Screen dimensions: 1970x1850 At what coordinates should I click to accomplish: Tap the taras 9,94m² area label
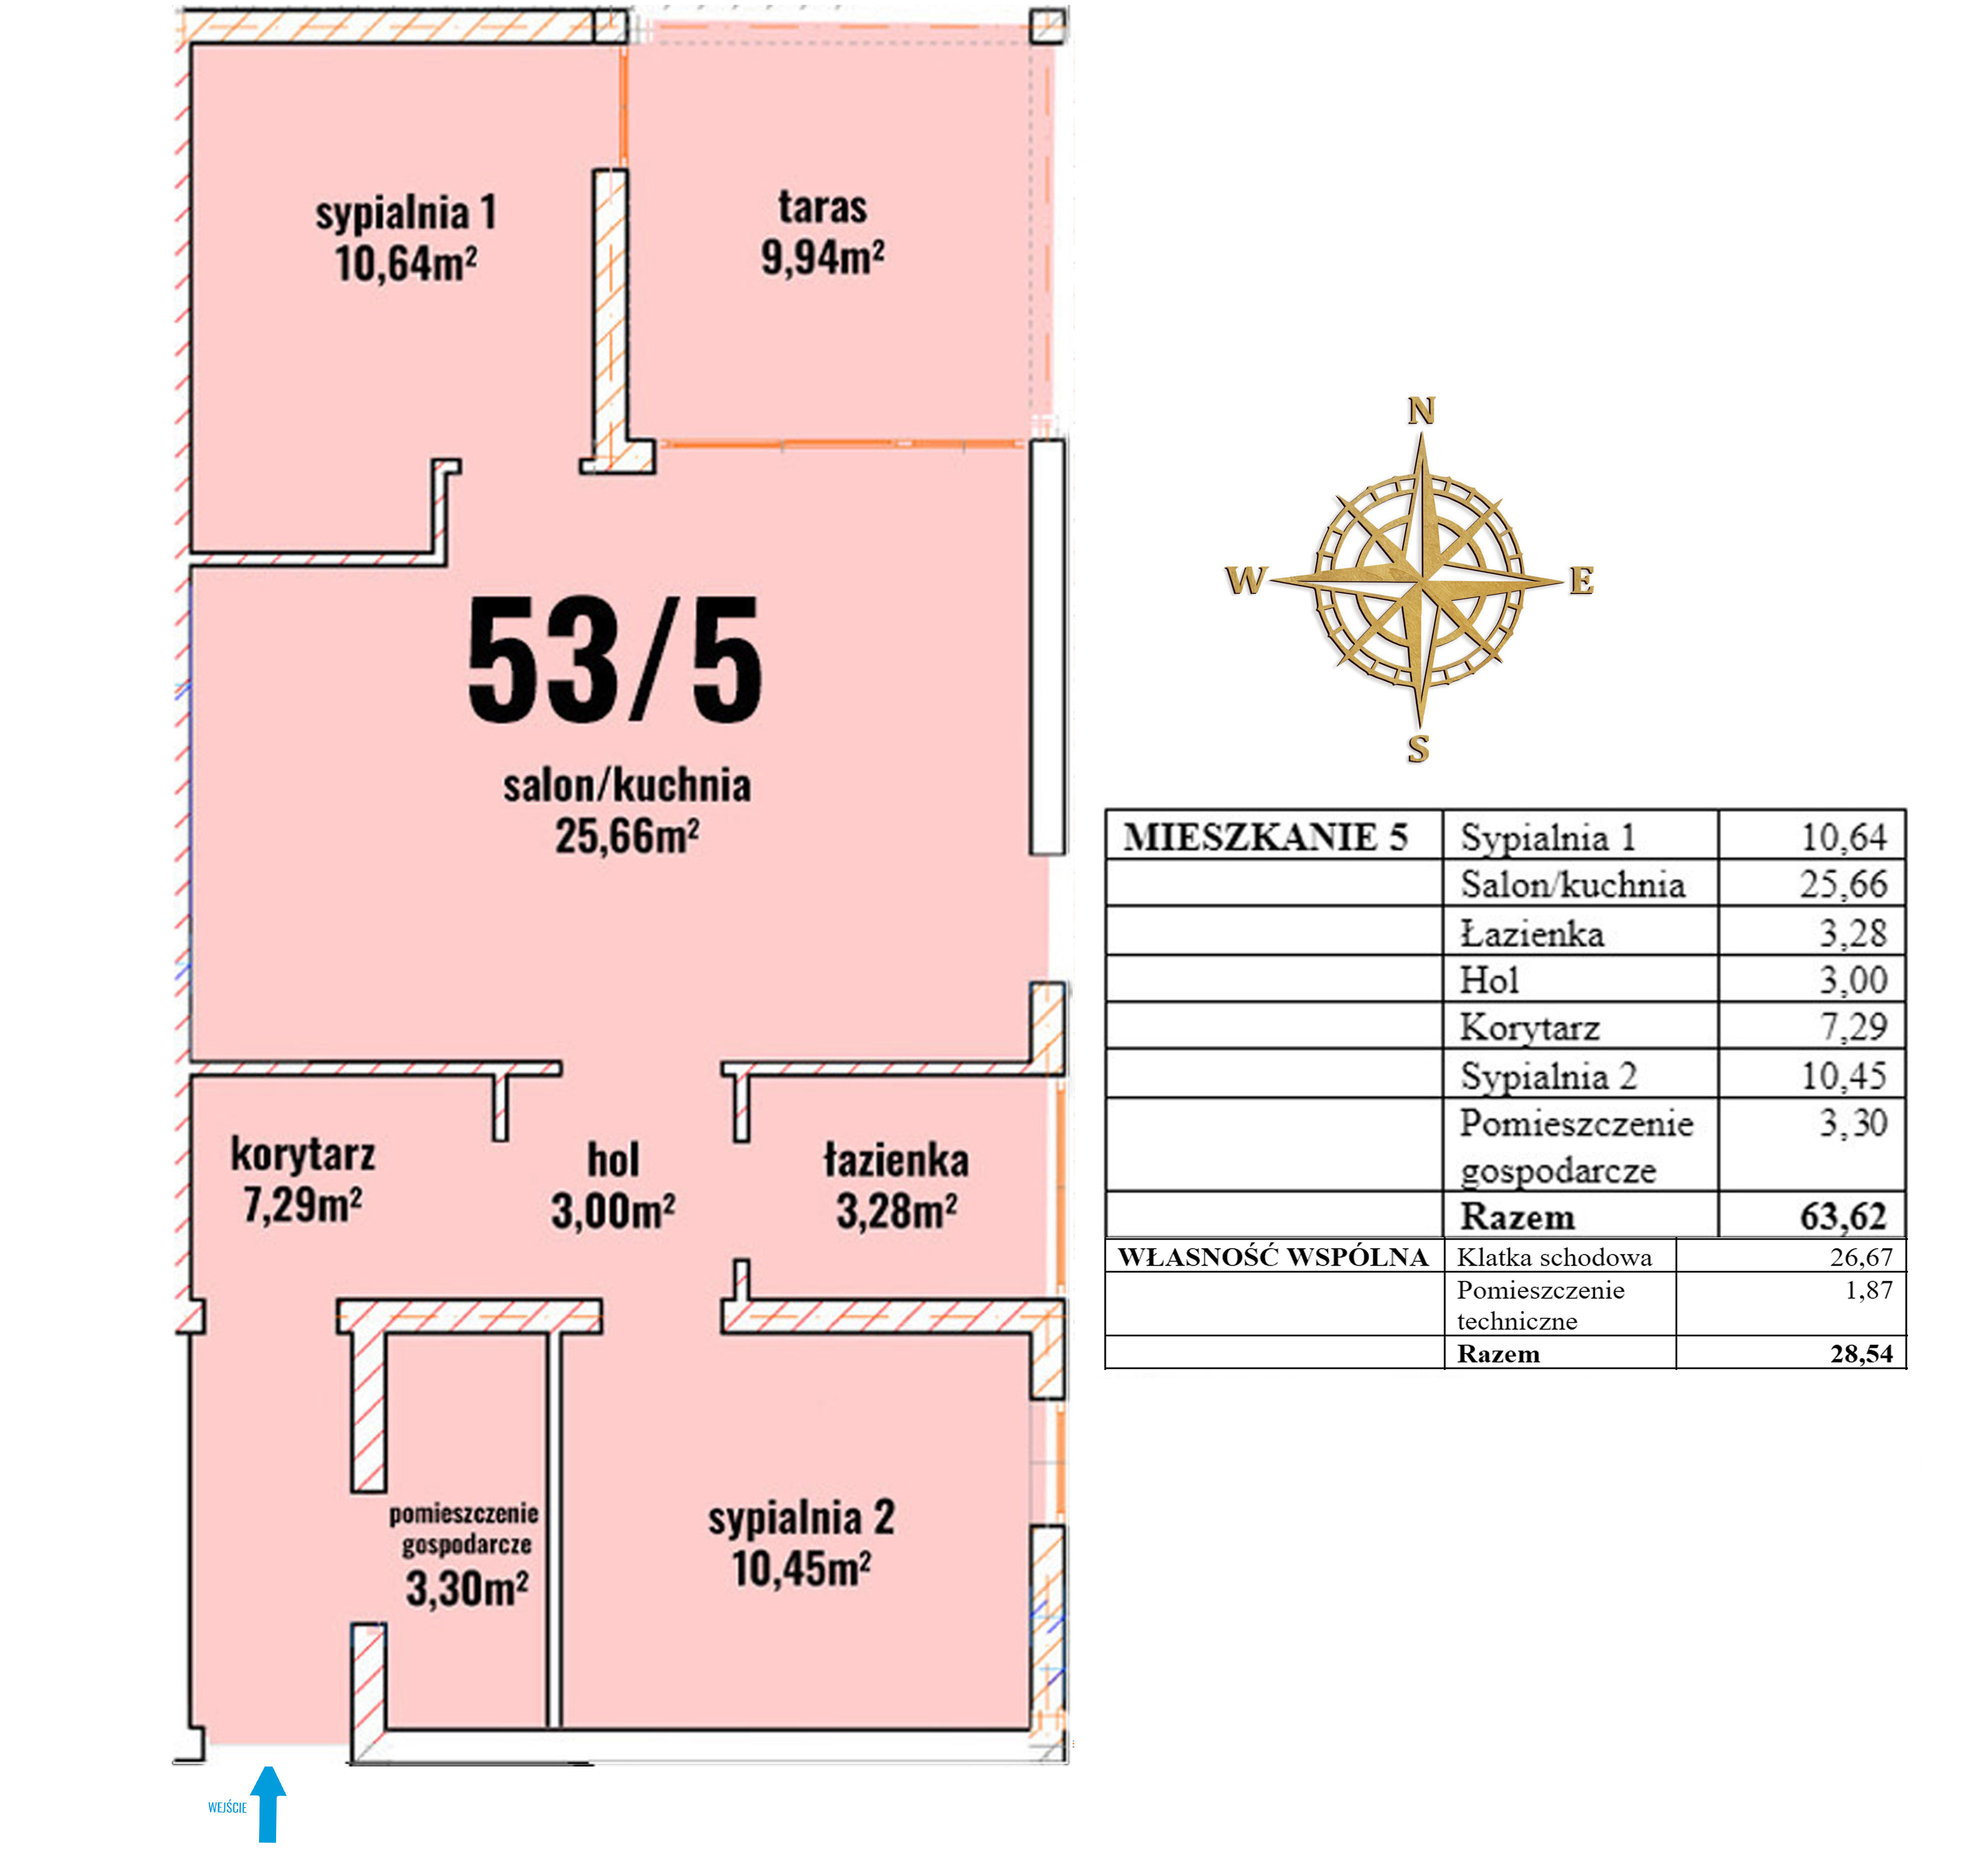point(822,233)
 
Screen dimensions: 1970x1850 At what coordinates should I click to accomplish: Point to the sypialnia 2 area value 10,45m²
point(801,1568)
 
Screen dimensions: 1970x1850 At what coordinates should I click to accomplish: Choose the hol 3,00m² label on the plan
point(613,1185)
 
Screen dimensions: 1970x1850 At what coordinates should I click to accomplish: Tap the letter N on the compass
point(1421,410)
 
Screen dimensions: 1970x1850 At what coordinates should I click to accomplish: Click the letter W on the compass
point(1245,579)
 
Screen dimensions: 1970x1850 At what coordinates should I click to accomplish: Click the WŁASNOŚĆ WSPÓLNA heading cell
point(1273,1256)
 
